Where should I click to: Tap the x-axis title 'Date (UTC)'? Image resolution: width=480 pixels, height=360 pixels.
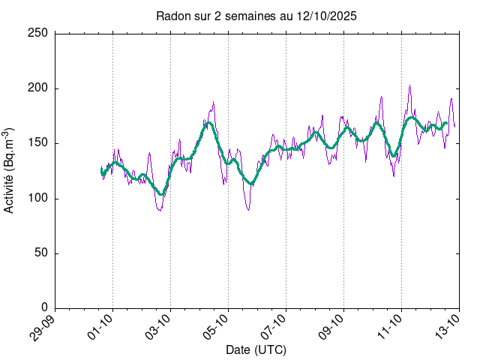click(256, 350)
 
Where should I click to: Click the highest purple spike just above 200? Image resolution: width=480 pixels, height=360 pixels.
click(409, 86)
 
